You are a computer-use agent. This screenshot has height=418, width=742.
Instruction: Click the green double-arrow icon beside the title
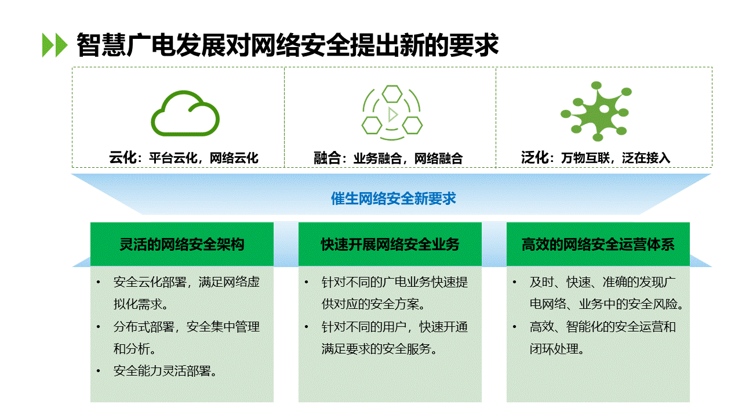[x=55, y=45]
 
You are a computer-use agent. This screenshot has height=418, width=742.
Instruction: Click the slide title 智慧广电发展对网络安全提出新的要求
[x=288, y=45]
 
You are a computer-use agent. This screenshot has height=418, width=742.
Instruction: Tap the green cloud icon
[x=185, y=113]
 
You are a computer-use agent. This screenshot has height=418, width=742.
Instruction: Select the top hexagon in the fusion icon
[x=392, y=93]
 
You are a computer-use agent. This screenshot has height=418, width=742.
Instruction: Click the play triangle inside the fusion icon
[x=393, y=114]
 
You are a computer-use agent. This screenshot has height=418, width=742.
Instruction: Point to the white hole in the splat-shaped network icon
[x=604, y=109]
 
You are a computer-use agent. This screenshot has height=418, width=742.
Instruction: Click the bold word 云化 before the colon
[x=123, y=157]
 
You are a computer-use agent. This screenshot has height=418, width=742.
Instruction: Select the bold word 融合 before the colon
[x=328, y=158]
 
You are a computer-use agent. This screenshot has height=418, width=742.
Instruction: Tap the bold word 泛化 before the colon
[x=534, y=157]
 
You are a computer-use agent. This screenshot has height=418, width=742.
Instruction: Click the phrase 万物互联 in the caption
[x=585, y=158]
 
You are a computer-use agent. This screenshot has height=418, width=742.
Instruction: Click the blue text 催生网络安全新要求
[x=394, y=199]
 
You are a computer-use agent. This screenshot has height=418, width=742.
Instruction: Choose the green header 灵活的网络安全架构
[x=182, y=244]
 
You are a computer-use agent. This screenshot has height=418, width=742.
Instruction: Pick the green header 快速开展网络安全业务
[x=390, y=244]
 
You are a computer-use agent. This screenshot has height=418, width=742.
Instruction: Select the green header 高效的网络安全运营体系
[x=598, y=244]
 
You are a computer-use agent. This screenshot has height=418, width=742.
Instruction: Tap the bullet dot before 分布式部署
[x=99, y=327]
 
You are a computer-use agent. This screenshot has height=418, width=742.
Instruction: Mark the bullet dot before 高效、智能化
[x=514, y=327]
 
